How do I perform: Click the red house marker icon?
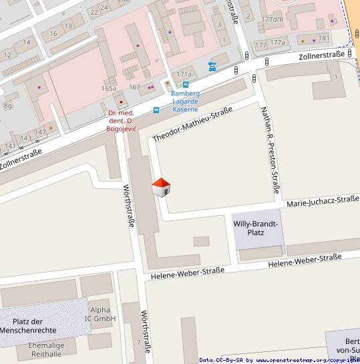161,188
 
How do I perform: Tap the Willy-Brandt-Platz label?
255,228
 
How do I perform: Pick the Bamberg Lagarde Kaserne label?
185,102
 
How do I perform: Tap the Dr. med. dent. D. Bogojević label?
122,121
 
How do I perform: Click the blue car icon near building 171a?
212,66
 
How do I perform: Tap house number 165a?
109,88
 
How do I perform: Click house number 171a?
184,74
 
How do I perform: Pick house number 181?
324,38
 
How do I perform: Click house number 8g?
8,106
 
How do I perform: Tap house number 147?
41,132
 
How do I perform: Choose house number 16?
53,33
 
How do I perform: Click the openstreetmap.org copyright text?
307,360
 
